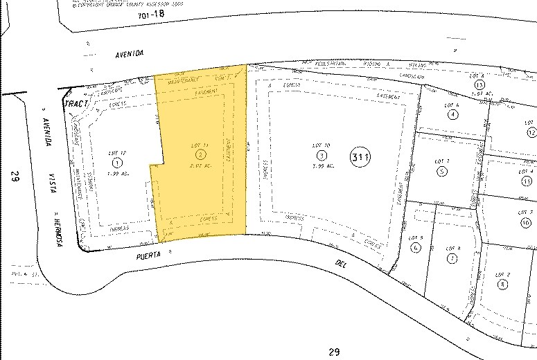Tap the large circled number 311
coord(360,158)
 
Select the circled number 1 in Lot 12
coord(116,161)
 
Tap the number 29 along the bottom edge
coord(334,352)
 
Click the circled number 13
coord(479,84)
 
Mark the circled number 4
coord(453,114)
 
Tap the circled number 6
coord(416,247)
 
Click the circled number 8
coord(502,284)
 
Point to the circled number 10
coord(526,222)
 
